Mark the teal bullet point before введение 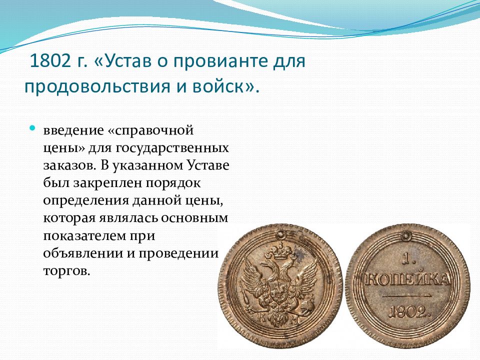point(32,128)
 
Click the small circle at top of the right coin point(406,235)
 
